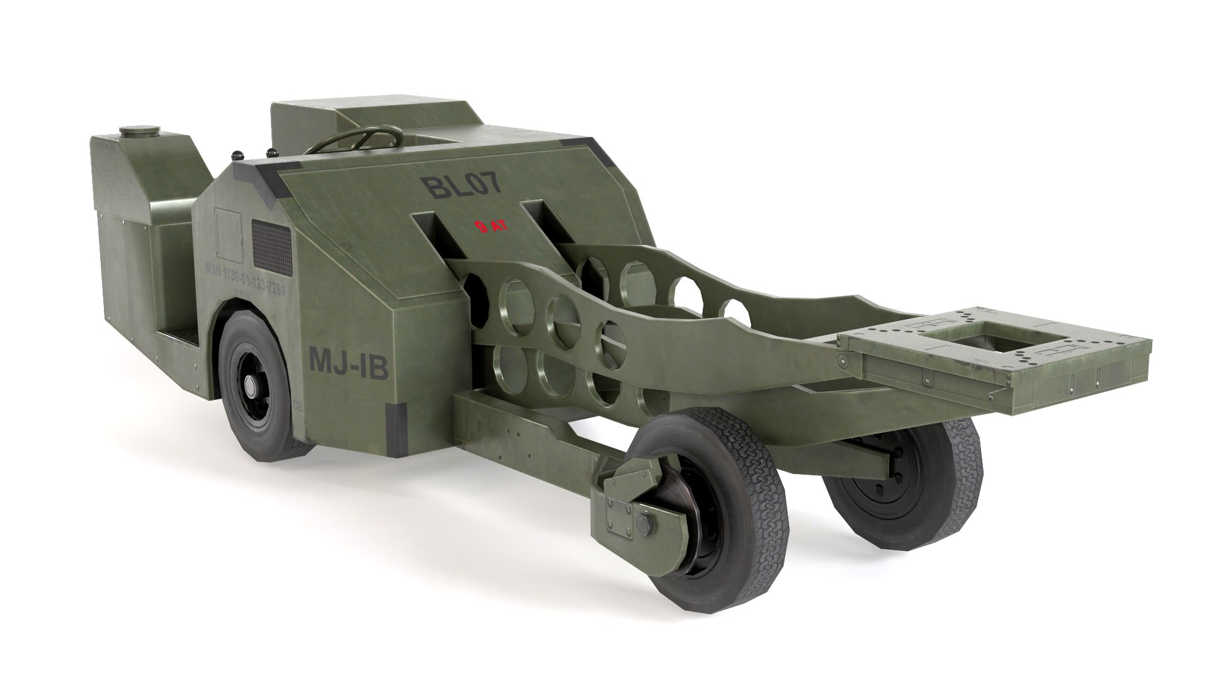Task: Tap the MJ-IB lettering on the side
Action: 348,364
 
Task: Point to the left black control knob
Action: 237,155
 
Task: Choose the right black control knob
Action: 273,152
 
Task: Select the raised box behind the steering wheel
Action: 302,120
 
